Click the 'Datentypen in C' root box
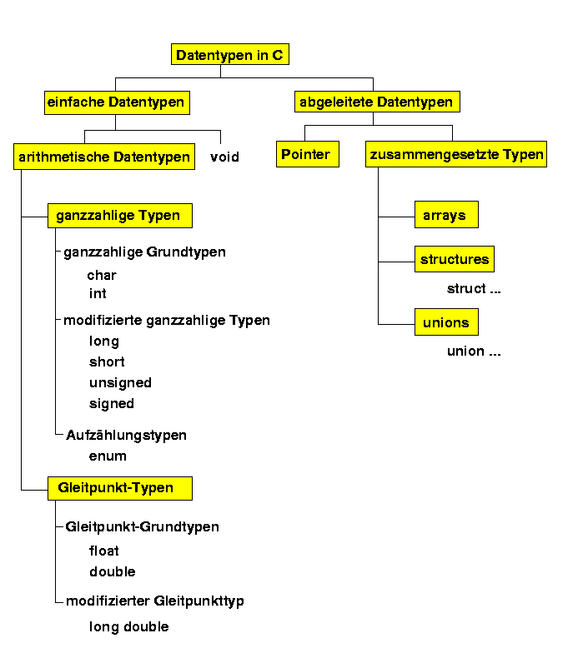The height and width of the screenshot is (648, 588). pyautogui.click(x=230, y=54)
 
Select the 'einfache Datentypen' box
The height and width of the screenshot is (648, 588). pyautogui.click(x=117, y=102)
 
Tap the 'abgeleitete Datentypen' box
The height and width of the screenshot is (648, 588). pyautogui.click(x=377, y=102)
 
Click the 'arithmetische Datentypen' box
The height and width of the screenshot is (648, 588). pyautogui.click(x=104, y=157)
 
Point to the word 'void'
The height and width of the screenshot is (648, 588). pyautogui.click(x=224, y=157)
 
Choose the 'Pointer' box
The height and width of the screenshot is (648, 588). pyautogui.click(x=308, y=154)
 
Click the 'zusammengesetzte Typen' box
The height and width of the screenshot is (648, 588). pyautogui.click(x=456, y=154)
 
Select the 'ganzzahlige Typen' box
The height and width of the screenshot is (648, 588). pyautogui.click(x=120, y=216)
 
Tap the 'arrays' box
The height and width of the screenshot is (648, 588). pyautogui.click(x=446, y=215)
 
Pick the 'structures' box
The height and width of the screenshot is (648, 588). pyautogui.click(x=455, y=259)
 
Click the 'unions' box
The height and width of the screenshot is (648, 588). pyautogui.click(x=446, y=322)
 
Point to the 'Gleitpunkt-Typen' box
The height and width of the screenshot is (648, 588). pyautogui.click(x=120, y=488)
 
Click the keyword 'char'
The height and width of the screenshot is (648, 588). pyautogui.click(x=102, y=275)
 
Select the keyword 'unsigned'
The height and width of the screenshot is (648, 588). pyautogui.click(x=120, y=383)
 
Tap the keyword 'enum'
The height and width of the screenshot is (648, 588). pyautogui.click(x=108, y=456)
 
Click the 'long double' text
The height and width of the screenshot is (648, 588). pyautogui.click(x=129, y=627)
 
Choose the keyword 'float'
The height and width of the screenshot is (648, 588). pyautogui.click(x=104, y=551)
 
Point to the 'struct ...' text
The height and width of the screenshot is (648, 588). pyautogui.click(x=474, y=288)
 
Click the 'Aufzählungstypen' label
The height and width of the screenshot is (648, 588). pyautogui.click(x=126, y=435)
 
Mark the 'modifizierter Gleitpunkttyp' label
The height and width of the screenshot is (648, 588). pyautogui.click(x=155, y=601)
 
